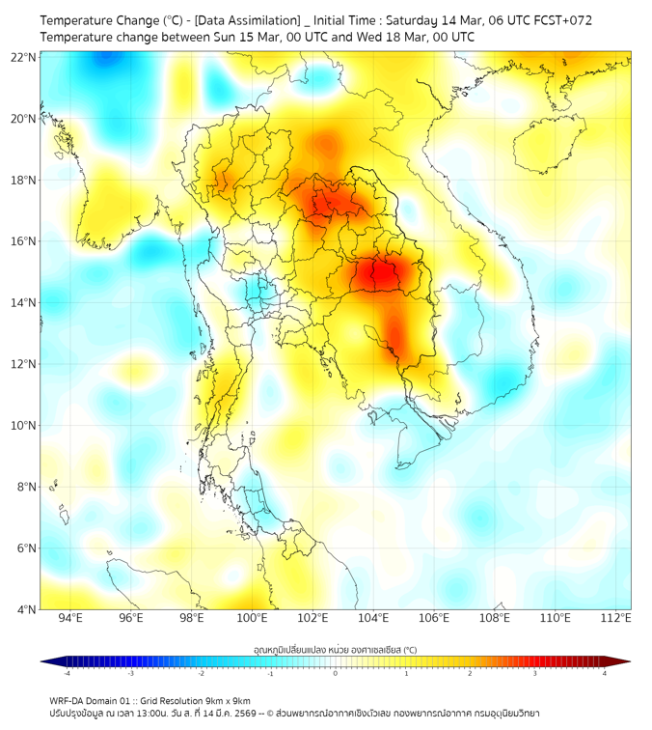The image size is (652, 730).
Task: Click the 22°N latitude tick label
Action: pos(24,57)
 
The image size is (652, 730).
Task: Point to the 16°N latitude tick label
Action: pos(24,241)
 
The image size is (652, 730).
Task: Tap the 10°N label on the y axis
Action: pos(24,426)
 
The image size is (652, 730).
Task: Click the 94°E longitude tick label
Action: pos(70,619)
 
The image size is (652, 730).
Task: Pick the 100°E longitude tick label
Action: pos(253,619)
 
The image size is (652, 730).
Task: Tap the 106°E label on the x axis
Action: pos(435,619)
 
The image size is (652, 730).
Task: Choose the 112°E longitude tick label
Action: pos(617,619)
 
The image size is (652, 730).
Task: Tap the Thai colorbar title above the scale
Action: pos(335,649)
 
